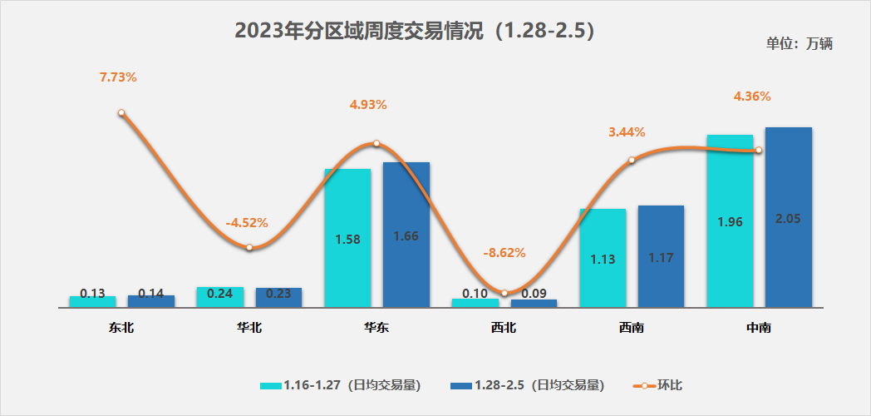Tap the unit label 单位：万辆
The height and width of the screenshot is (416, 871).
pos(799,44)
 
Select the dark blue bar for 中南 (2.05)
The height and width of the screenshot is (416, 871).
pos(788,217)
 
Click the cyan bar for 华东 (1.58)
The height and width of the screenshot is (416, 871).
pos(347,238)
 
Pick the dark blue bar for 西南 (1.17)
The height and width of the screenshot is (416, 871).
pos(661,256)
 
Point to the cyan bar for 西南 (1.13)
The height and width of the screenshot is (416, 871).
pos(603,258)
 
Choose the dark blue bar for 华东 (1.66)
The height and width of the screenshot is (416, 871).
pos(406,235)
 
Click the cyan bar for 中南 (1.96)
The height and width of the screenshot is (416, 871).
pos(730,220)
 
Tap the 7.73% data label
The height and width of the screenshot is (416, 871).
pos(118,77)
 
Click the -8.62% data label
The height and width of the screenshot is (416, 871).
pos(504,253)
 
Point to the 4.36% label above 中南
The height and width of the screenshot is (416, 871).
pos(752,97)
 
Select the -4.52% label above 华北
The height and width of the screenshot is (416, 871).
pos(247,223)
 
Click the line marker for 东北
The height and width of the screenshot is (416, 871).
pos(121,112)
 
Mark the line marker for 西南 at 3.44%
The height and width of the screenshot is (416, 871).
pos(632,160)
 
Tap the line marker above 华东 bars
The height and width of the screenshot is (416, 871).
pos(376,143)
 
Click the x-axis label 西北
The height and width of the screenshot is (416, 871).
pos(504,328)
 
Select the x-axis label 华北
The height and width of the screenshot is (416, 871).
pos(249,328)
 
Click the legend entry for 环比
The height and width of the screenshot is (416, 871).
pos(662,385)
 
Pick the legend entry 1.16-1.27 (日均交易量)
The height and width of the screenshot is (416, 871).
pos(341,385)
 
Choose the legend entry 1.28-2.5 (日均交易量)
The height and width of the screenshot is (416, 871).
pos(527,385)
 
